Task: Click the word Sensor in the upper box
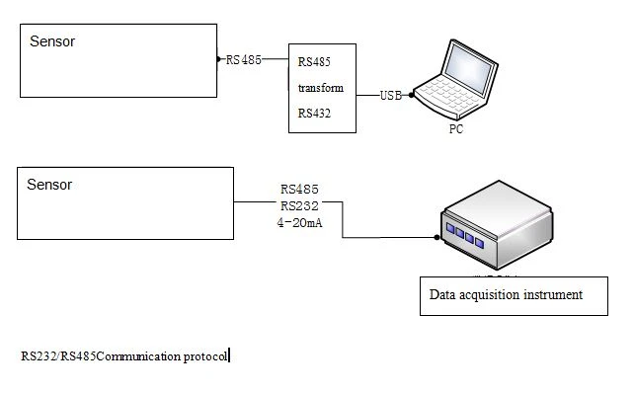pos(52,41)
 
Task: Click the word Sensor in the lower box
pos(49,185)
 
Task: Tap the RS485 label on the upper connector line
pos(243,60)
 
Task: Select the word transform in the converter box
pos(321,88)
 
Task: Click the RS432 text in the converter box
pos(314,114)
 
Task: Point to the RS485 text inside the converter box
pos(314,62)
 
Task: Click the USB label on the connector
pos(391,96)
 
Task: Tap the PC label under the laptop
pos(456,129)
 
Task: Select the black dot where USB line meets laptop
pos(412,96)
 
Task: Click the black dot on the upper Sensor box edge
pos(218,59)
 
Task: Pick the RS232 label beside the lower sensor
pos(299,206)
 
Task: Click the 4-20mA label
pos(299,222)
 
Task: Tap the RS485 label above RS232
pos(299,189)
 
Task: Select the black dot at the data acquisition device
pos(437,238)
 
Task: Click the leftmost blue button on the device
pos(450,228)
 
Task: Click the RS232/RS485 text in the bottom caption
pos(58,356)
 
